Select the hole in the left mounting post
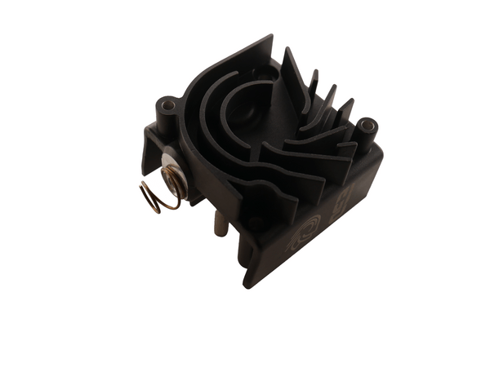[169, 106]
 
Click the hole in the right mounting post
[366, 126]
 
